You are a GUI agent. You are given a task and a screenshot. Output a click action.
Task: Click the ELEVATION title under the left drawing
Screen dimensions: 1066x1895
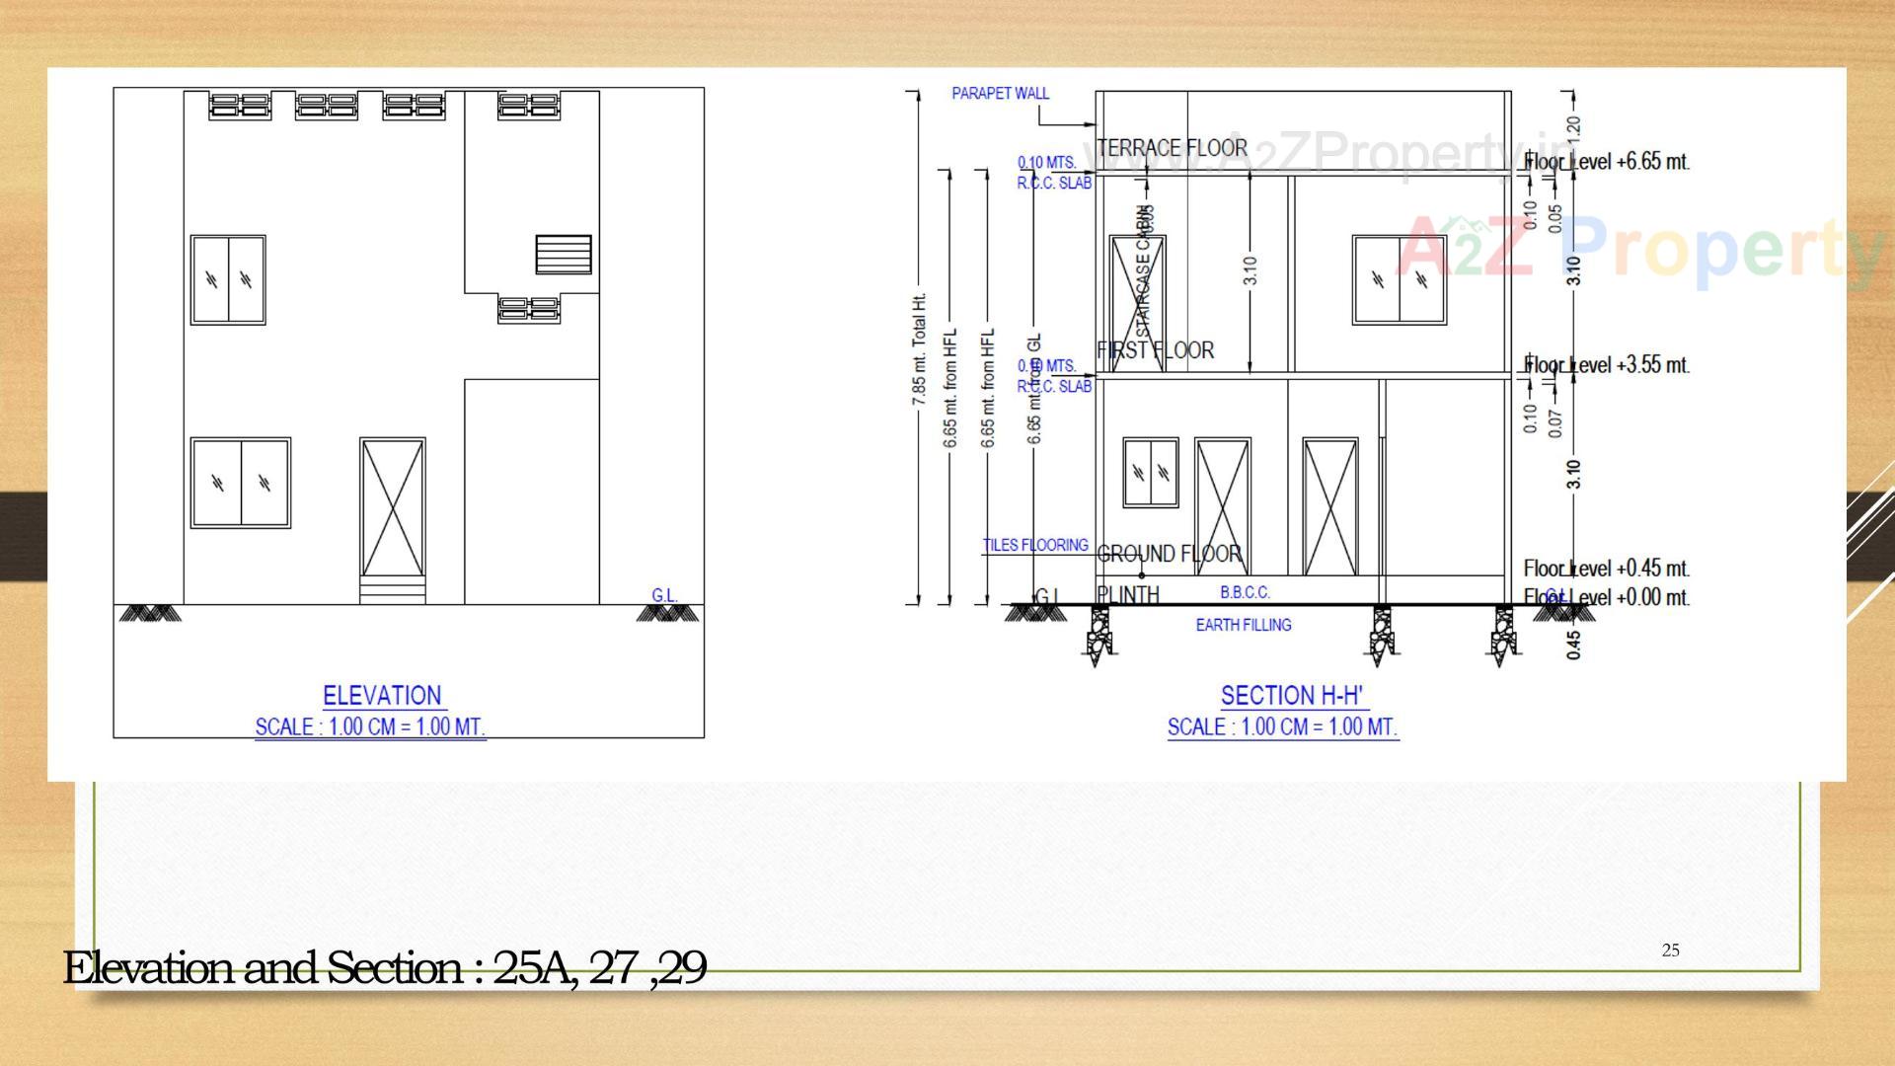(382, 696)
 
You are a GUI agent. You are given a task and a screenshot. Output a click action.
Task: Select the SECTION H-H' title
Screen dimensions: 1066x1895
(1292, 696)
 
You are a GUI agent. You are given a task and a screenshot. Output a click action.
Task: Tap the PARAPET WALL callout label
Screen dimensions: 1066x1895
(1000, 94)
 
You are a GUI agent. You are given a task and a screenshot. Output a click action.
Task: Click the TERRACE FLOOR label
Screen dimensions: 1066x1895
(1173, 148)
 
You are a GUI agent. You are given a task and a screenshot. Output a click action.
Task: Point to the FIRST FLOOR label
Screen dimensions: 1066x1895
(1156, 350)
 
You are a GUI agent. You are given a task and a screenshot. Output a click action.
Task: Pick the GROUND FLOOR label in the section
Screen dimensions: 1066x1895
(1170, 554)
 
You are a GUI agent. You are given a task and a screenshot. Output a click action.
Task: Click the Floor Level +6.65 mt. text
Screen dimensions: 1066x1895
(1607, 162)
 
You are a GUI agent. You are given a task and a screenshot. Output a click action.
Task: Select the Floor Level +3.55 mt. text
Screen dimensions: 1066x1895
(1608, 365)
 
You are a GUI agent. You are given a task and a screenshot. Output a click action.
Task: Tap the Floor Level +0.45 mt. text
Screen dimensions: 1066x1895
(1606, 569)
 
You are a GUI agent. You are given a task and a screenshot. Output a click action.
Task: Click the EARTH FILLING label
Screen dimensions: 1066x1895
(1244, 625)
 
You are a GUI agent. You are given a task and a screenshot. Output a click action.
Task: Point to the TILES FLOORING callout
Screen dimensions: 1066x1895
(1035, 545)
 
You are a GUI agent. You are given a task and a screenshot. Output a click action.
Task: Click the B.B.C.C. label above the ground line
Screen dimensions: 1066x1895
(1246, 592)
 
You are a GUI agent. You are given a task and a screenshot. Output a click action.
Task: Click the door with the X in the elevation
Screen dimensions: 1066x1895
(393, 508)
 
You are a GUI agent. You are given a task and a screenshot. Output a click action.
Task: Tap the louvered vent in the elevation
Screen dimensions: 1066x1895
(564, 255)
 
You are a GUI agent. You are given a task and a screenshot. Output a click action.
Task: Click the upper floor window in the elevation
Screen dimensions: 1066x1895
(228, 280)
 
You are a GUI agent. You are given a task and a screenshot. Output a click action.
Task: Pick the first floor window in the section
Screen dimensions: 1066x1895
(1400, 280)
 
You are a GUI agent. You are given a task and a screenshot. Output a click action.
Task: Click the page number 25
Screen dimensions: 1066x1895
(1670, 951)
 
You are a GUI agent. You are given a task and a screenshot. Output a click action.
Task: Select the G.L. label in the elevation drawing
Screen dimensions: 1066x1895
(664, 595)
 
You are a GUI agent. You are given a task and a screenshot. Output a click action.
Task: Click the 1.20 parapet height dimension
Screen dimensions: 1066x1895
(1573, 127)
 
